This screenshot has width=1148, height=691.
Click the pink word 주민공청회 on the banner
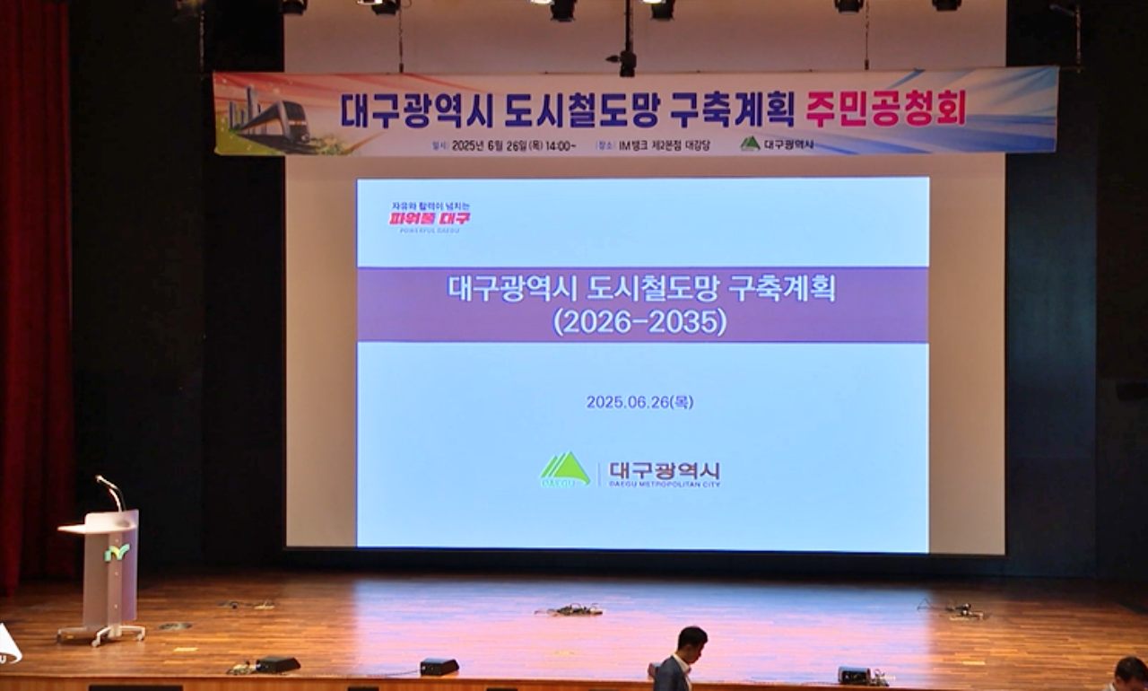tap(884, 109)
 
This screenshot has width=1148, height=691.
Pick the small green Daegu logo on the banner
tap(750, 144)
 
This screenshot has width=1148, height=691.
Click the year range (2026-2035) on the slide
tap(639, 321)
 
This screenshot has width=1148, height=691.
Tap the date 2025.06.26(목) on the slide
tap(639, 402)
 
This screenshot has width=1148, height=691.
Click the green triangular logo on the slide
tap(565, 469)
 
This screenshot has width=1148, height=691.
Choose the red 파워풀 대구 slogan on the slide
tap(430, 217)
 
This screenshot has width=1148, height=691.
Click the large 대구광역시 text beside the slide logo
tap(664, 470)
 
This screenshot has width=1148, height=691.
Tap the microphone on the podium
tap(109, 491)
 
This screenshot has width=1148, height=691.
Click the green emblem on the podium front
tap(117, 553)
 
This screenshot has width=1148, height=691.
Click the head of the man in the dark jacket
tap(691, 641)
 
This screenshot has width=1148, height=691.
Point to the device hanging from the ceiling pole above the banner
tap(627, 61)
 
